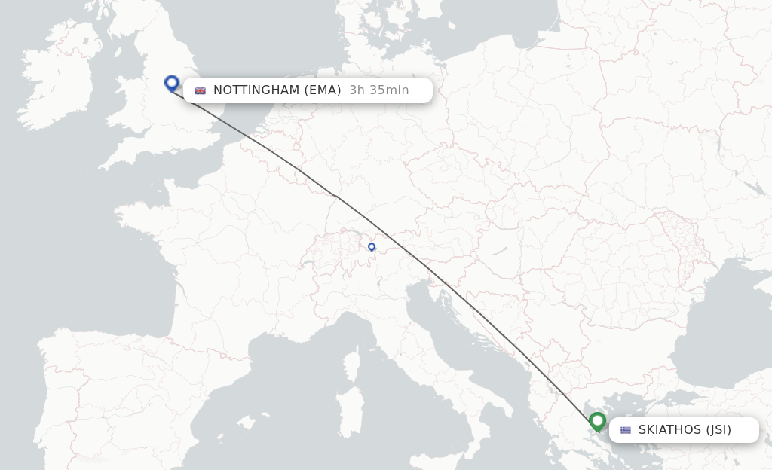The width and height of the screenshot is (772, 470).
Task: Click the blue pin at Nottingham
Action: pyautogui.click(x=172, y=83)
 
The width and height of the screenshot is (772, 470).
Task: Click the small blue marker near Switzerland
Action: pyautogui.click(x=372, y=247)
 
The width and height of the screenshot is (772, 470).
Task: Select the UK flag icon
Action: pyautogui.click(x=201, y=90)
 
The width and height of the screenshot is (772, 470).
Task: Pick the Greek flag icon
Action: pyautogui.click(x=626, y=430)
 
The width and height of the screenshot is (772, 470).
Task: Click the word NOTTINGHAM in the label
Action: pyautogui.click(x=256, y=90)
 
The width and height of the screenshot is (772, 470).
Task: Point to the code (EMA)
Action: pyautogui.click(x=323, y=90)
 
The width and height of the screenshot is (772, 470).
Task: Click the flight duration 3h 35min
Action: pyautogui.click(x=379, y=90)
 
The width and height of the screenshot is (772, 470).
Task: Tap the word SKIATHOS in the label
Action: pyautogui.click(x=669, y=430)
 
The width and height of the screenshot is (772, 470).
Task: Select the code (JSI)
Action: pyautogui.click(x=718, y=430)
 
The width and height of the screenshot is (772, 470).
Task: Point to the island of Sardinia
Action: pyautogui.click(x=348, y=410)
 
